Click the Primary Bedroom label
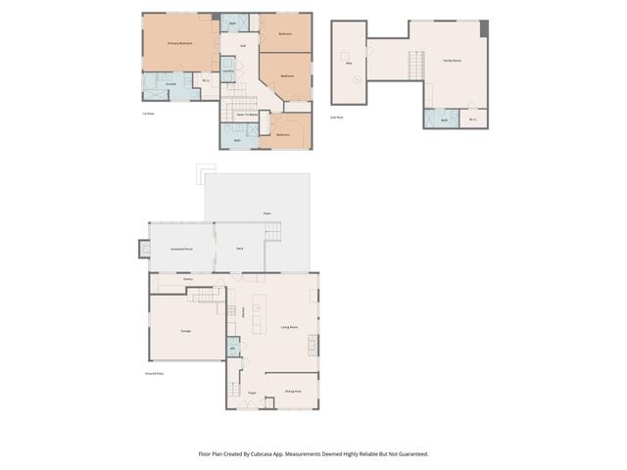178,44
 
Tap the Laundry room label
227,71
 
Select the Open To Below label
247,115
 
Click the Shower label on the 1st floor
169,83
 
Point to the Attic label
349,63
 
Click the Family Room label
452,61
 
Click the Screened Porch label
180,249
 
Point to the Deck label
240,249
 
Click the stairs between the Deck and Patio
273,232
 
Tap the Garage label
185,331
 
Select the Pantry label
187,279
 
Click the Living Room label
289,327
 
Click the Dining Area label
292,392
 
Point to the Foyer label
252,393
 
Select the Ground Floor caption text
154,373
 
